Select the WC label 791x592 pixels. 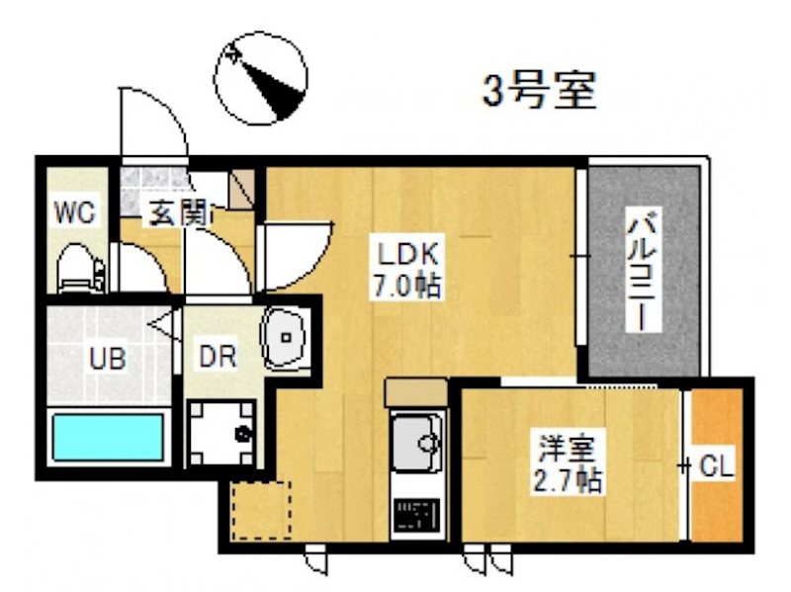click(72, 212)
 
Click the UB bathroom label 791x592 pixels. click(107, 358)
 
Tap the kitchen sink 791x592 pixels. click(416, 443)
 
